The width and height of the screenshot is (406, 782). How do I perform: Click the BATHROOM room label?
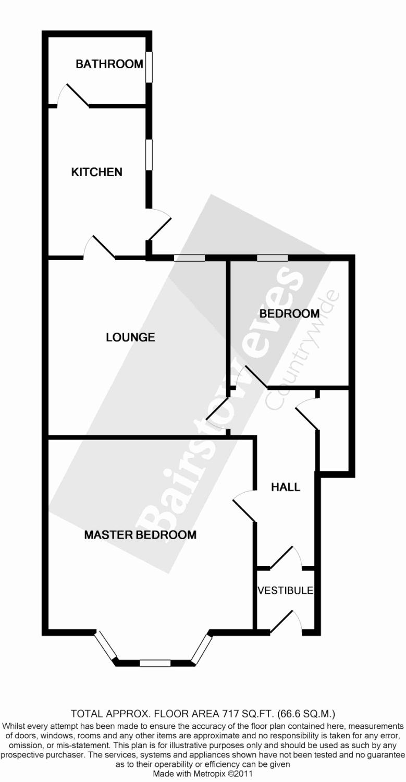tap(109, 64)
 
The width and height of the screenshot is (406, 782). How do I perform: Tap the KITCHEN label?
tap(97, 172)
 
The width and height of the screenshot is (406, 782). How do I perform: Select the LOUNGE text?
tap(130, 337)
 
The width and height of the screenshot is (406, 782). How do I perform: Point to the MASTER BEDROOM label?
tap(140, 535)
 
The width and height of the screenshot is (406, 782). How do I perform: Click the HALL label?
tap(286, 487)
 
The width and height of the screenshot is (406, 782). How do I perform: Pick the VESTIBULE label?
tap(286, 591)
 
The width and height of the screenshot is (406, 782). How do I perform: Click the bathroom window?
tap(149, 66)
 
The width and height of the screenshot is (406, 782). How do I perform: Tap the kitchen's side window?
tap(149, 154)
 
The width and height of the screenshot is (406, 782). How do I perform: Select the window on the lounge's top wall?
tap(189, 258)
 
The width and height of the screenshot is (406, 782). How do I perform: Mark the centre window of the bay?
tap(155, 663)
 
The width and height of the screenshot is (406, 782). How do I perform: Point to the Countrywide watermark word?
tap(303, 349)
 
